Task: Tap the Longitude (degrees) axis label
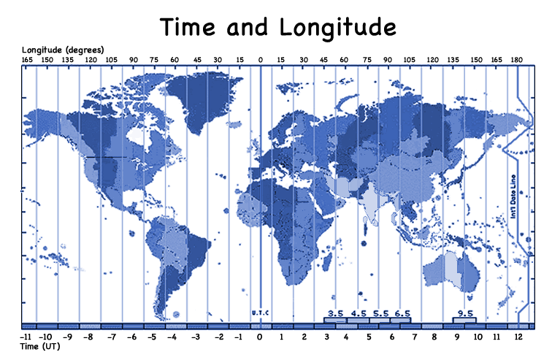(x=67, y=49)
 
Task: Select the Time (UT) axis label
(x=39, y=347)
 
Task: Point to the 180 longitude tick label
(x=517, y=60)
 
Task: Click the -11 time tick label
(x=26, y=337)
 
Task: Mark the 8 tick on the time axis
(x=434, y=337)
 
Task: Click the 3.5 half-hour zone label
(x=335, y=313)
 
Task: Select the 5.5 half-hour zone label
(x=380, y=313)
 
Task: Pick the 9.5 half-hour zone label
(x=465, y=313)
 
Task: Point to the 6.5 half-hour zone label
(x=402, y=313)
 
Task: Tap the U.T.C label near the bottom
(x=261, y=313)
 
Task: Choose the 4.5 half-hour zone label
(x=358, y=313)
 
